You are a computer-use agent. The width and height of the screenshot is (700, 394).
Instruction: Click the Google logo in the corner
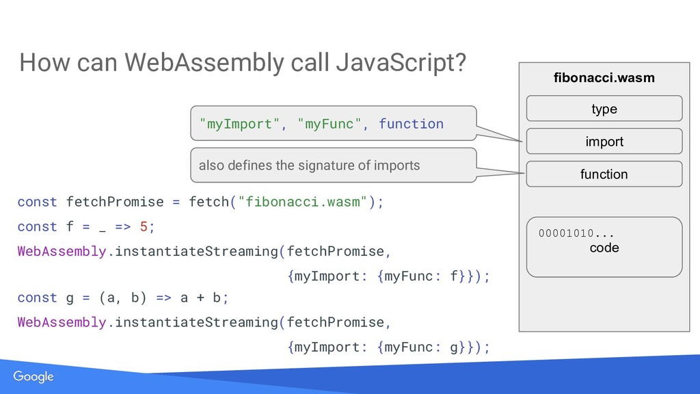33,378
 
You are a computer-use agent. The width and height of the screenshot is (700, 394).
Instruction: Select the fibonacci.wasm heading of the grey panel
604,78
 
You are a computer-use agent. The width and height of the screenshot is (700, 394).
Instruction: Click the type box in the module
604,109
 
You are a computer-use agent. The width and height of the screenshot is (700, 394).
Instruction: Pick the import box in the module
604,142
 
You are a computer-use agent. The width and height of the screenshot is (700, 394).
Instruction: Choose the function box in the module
604,174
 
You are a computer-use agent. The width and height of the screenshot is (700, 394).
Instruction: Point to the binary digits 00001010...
567,234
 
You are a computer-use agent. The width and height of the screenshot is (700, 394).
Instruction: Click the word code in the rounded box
604,248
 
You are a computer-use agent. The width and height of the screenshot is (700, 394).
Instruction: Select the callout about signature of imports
332,165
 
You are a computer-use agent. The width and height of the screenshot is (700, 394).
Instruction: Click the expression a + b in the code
200,298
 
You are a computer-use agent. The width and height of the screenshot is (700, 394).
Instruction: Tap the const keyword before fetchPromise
37,202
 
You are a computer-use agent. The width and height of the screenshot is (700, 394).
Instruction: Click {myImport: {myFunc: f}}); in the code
389,276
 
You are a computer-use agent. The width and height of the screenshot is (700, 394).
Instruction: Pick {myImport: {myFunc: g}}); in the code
389,347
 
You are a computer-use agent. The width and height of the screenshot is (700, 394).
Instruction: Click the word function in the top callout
411,124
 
